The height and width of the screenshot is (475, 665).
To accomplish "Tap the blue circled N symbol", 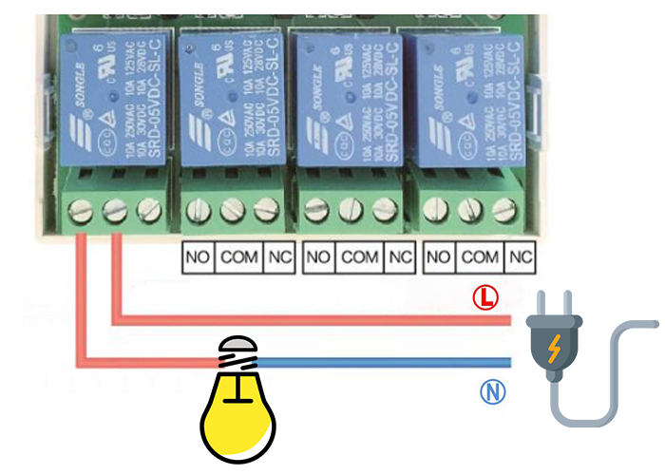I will tap(493, 391).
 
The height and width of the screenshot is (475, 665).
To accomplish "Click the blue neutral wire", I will tap(380, 362).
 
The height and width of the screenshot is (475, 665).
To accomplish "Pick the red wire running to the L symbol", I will tap(313, 320).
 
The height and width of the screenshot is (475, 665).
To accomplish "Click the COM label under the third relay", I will tap(360, 256).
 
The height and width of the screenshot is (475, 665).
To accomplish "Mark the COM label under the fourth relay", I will tap(480, 256).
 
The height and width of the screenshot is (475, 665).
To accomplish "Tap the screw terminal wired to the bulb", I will tap(83, 209).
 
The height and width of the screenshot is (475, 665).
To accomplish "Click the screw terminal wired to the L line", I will tap(115, 209).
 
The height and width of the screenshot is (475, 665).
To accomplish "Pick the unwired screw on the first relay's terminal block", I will tap(148, 209).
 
